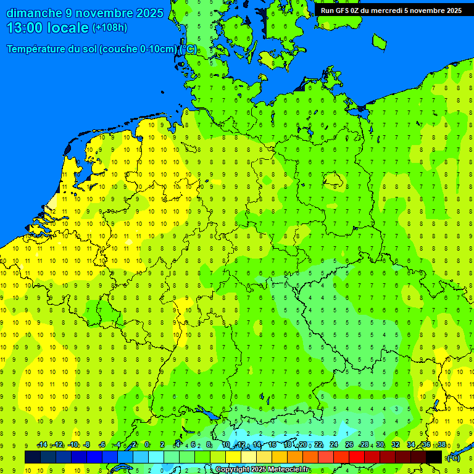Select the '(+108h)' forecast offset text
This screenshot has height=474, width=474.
click(x=109, y=28)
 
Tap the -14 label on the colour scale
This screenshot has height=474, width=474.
click(x=42, y=445)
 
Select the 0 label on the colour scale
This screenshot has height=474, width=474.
click(x=147, y=445)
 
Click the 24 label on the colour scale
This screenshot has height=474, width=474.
click(x=334, y=445)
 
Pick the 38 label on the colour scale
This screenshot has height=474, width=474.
click(x=442, y=445)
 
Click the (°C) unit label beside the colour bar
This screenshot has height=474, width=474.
click(x=454, y=457)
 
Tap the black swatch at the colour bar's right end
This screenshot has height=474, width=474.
click(x=434, y=457)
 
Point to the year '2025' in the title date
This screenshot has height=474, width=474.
click(x=150, y=13)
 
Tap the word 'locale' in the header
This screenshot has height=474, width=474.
click(x=70, y=28)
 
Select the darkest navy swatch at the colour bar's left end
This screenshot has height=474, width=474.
click(x=33, y=457)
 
